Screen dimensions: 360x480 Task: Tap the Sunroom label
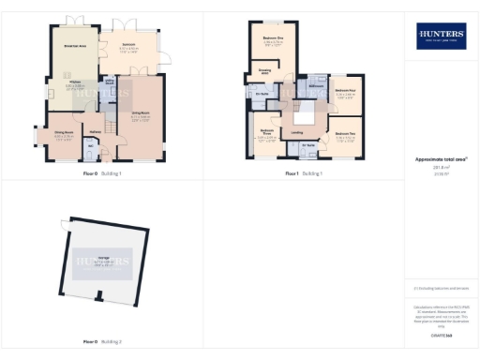(127, 44)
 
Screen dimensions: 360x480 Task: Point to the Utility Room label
(110, 82)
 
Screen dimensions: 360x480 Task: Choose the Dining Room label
(64, 133)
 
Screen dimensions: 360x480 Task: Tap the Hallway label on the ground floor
(95, 131)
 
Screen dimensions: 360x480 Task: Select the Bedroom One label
(274, 38)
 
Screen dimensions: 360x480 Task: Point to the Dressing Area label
(264, 70)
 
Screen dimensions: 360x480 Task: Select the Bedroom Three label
(266, 133)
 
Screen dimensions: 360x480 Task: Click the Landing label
(296, 133)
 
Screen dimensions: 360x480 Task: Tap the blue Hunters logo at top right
(440, 37)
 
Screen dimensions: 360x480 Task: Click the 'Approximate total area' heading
(440, 158)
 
